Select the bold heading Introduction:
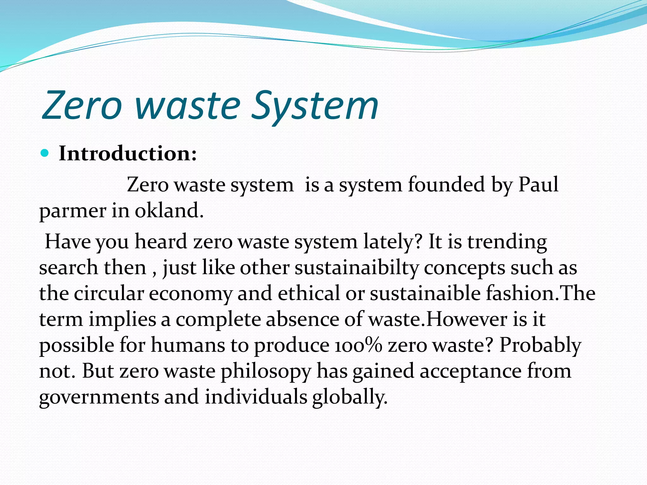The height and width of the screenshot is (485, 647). click(x=128, y=154)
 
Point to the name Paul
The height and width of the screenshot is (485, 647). click(x=538, y=185)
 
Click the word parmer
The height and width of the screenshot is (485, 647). click(x=73, y=211)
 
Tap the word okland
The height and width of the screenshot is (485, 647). click(x=169, y=211)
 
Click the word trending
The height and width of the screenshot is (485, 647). click(x=507, y=242)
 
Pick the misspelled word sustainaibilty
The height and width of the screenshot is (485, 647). click(x=357, y=268)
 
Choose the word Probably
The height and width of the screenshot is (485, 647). click(x=540, y=345)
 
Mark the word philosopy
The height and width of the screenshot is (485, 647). click(x=266, y=371)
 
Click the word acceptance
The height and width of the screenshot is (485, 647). click(x=470, y=371)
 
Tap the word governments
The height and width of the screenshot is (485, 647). click(x=99, y=397)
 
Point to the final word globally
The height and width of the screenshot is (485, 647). click(x=350, y=397)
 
